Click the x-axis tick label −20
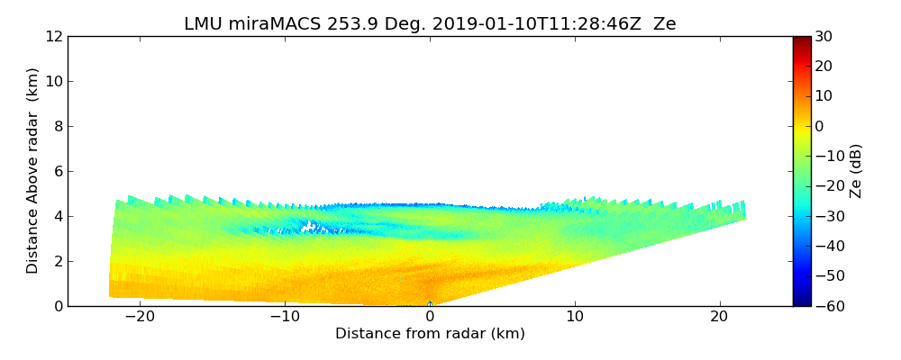point(140,317)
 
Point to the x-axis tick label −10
point(285,317)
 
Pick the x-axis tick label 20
point(719,317)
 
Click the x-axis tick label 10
point(575,317)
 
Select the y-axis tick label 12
point(54,37)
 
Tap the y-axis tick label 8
point(58,127)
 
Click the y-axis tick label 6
point(58,172)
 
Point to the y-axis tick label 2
point(58,262)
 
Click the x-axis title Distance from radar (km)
point(430,334)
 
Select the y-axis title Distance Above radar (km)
point(33,171)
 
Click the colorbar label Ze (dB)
point(856,171)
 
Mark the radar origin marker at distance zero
point(430,304)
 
